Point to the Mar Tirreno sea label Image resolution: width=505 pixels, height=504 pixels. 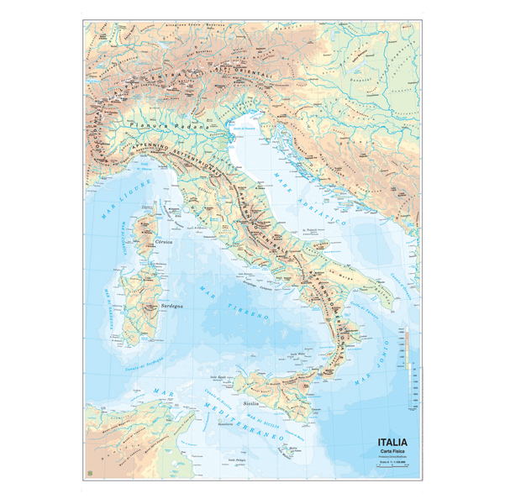pos(234,306)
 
